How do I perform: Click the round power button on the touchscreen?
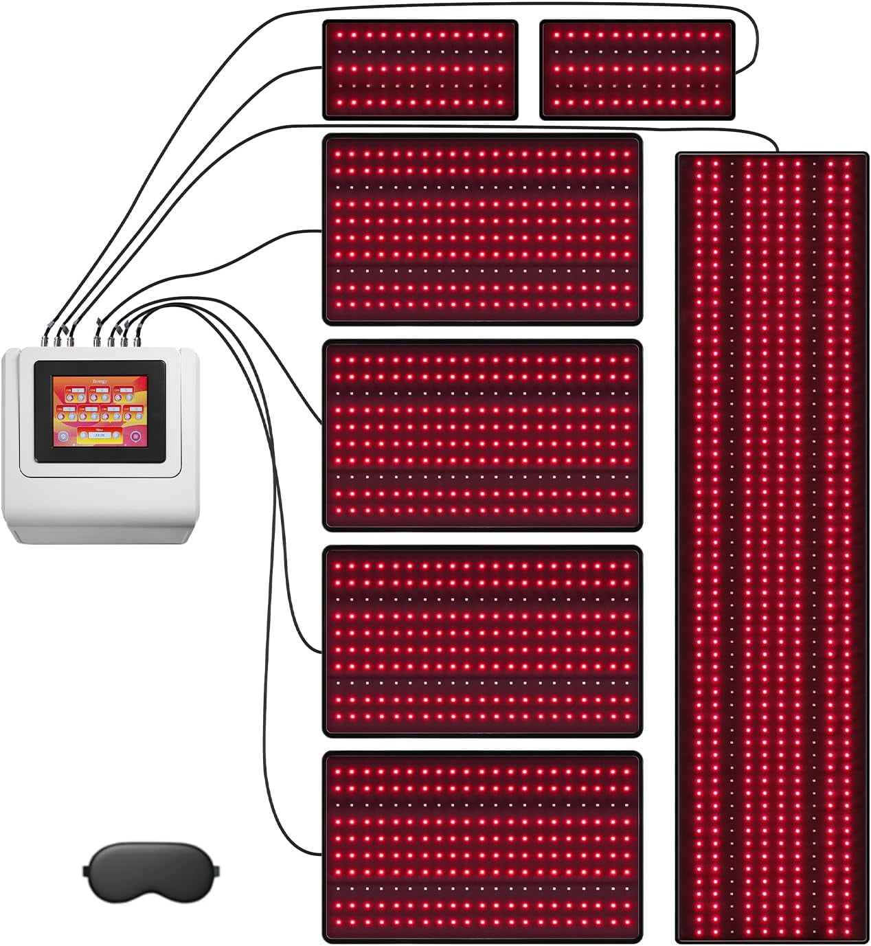click(63, 436)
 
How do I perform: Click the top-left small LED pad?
click(420, 69)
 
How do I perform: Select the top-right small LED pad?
click(637, 69)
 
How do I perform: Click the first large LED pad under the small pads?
click(482, 229)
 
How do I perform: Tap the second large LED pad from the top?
click(482, 436)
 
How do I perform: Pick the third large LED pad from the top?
click(482, 641)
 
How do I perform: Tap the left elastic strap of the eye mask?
click(88, 870)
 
